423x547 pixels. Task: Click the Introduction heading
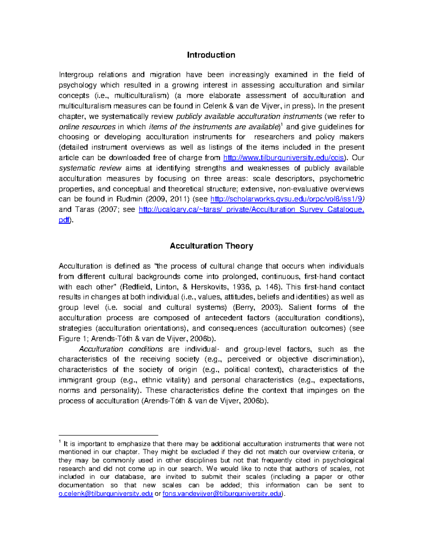pos(211,55)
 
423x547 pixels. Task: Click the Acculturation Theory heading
pos(211,246)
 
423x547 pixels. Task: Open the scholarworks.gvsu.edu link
pos(286,199)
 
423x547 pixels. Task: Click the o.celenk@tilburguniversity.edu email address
pos(105,494)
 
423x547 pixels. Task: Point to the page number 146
pos(273,287)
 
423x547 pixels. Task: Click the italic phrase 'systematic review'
pos(90,168)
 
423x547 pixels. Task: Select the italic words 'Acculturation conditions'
pos(121,349)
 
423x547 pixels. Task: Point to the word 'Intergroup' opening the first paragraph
pos(76,75)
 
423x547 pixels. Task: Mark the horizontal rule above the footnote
pos(108,435)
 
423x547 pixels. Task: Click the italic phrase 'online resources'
pos(87,127)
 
